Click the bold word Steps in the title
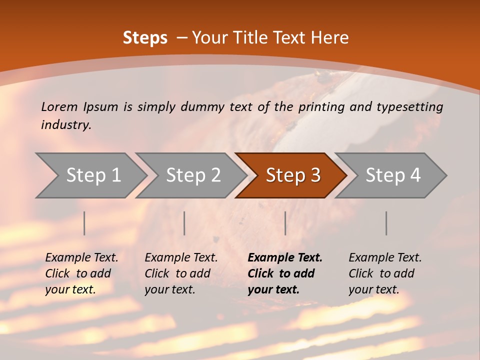(x=145, y=38)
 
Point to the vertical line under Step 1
(x=84, y=223)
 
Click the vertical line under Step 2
(x=184, y=223)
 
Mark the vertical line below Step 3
(x=285, y=223)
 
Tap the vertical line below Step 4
(x=386, y=223)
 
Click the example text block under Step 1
(x=81, y=273)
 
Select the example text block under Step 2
(x=181, y=273)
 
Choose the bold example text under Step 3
(x=285, y=273)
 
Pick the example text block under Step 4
(x=385, y=273)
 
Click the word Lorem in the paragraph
(x=59, y=106)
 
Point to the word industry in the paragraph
(x=65, y=124)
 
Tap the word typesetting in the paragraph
(x=409, y=106)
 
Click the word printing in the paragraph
(x=320, y=106)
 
